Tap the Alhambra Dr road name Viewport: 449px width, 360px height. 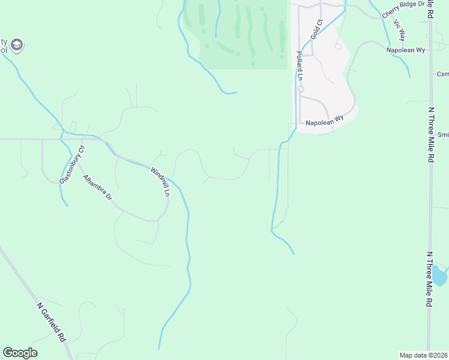click(98, 187)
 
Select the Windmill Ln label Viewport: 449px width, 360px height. click(160, 182)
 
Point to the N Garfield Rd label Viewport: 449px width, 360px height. click(51, 322)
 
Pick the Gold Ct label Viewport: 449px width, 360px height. click(317, 29)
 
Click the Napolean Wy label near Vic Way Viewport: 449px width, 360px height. click(406, 50)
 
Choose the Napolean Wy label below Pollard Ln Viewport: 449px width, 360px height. click(324, 122)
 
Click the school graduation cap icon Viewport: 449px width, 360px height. click(17, 44)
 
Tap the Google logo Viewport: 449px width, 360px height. click(20, 353)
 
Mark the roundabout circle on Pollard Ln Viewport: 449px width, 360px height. click(301, 89)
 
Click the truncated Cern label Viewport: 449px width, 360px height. click(442, 74)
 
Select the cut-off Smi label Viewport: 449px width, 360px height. click(443, 134)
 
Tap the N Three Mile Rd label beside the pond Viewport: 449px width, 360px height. click(429, 279)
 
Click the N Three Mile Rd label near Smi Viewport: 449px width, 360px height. click(430, 135)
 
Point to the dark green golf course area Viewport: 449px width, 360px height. click(243, 33)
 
